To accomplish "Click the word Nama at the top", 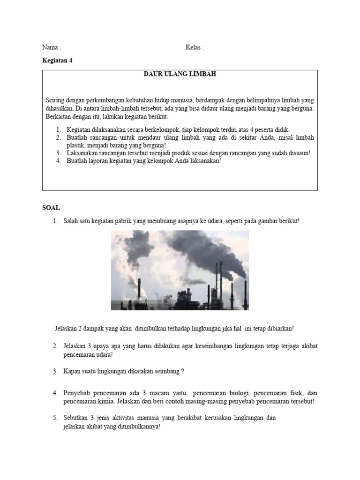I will pyautogui.click(x=49, y=47).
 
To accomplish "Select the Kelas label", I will pyautogui.click(x=193, y=47).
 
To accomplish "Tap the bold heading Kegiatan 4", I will pyautogui.click(x=57, y=60).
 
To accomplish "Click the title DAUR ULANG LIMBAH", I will pyautogui.click(x=180, y=74).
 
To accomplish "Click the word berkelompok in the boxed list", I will pyautogui.click(x=165, y=129).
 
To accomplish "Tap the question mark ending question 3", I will pyautogui.click(x=182, y=371).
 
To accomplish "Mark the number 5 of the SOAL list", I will pyautogui.click(x=55, y=418).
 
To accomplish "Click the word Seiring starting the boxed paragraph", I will pyautogui.click(x=55, y=100).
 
